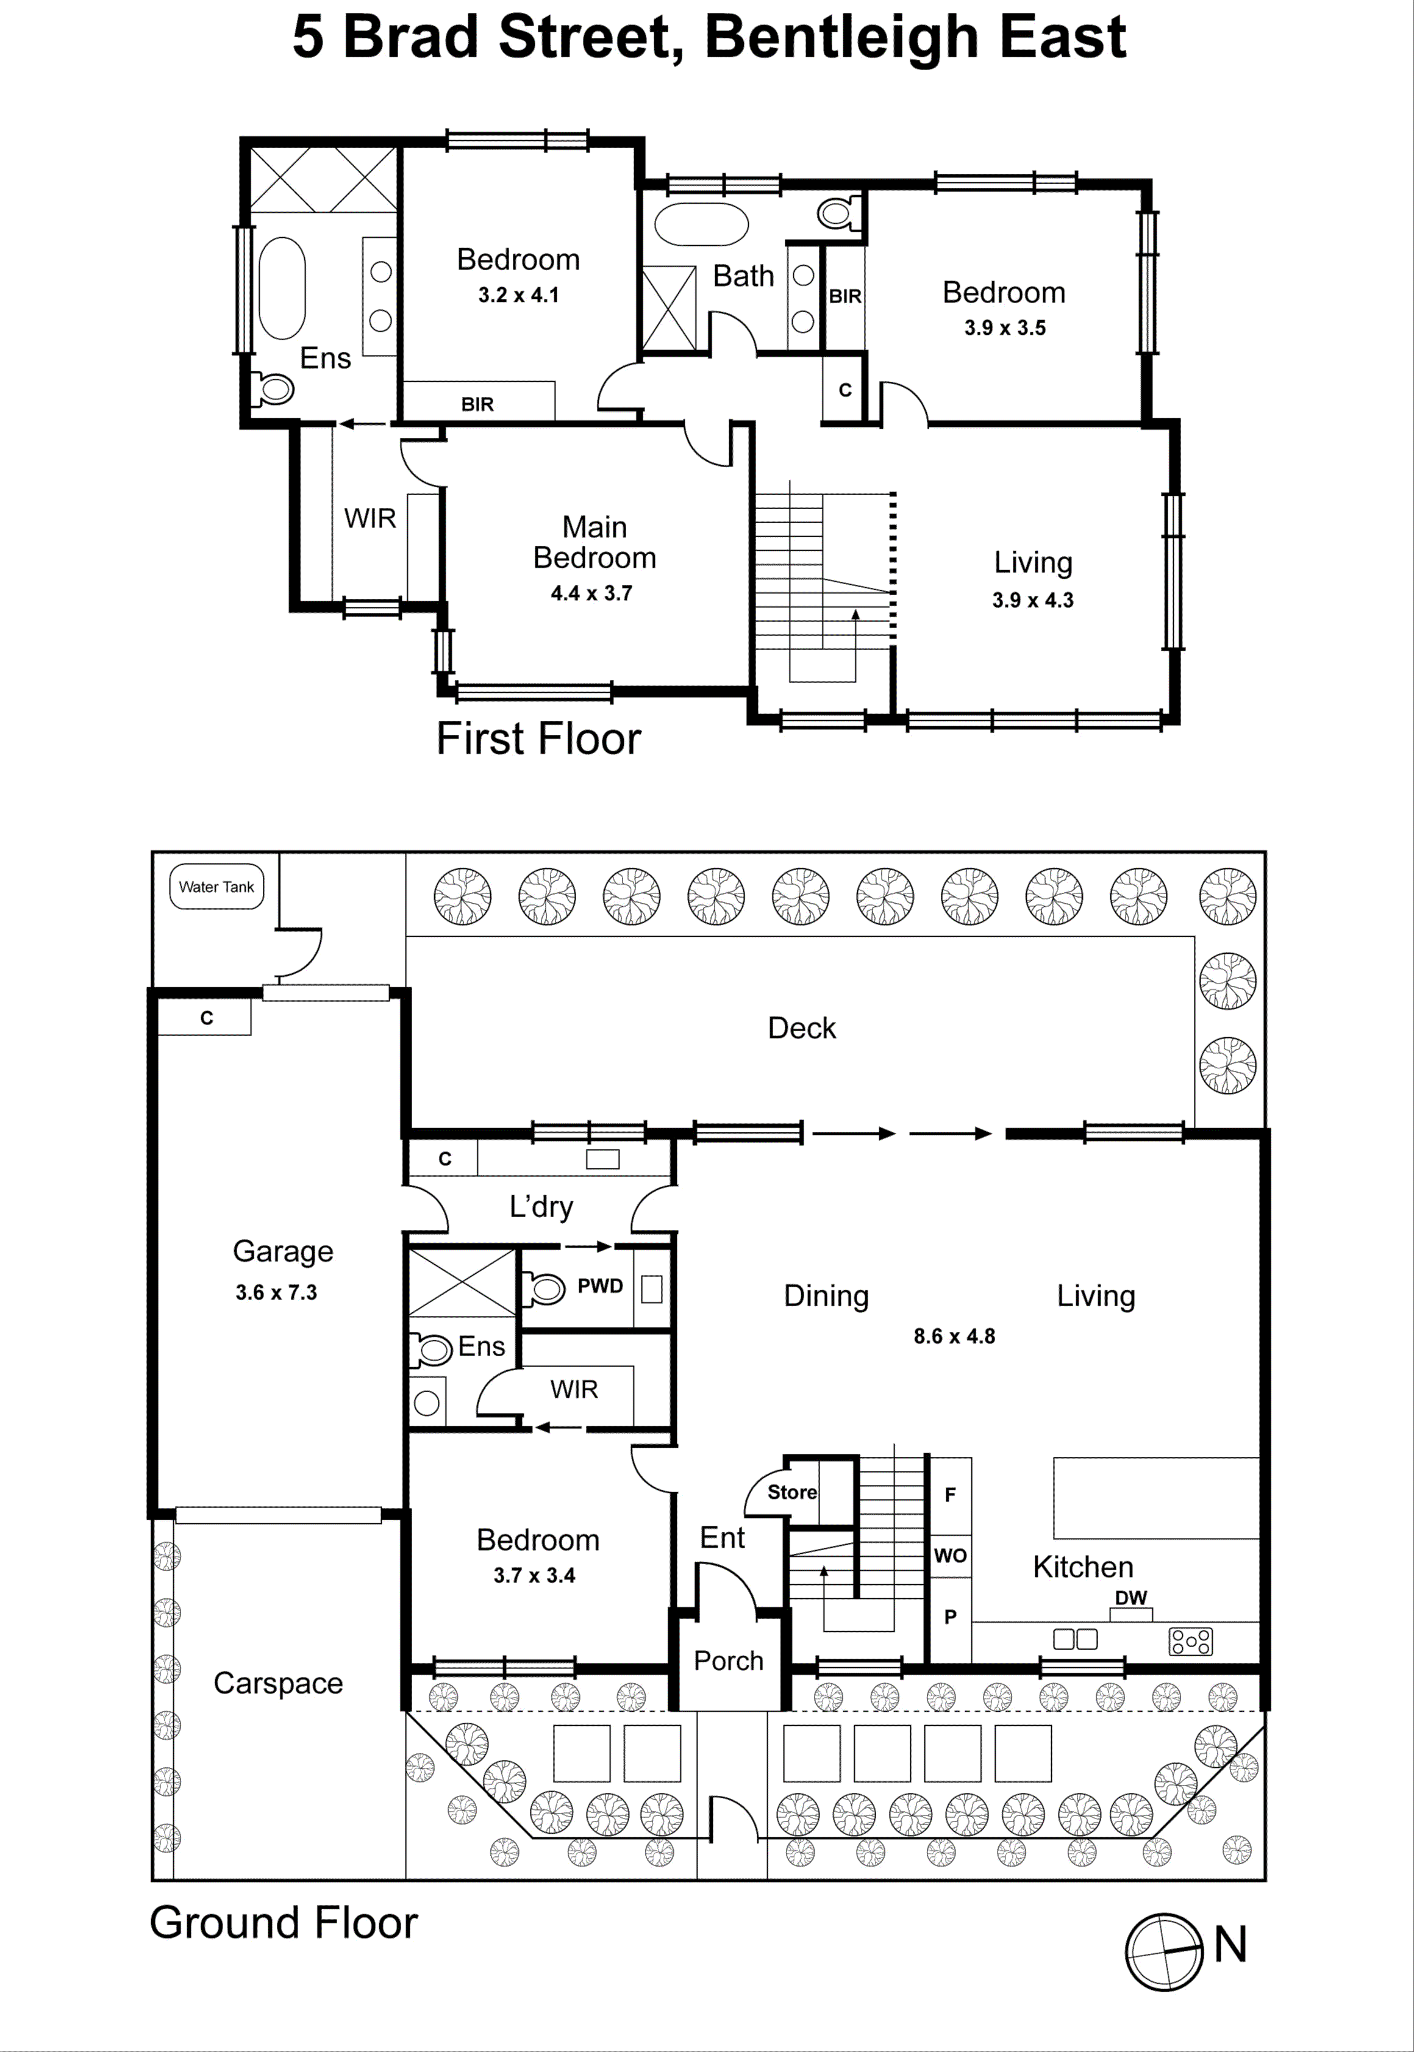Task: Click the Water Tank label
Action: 216,887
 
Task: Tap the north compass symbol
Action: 1164,1952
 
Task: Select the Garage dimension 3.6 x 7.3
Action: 276,1293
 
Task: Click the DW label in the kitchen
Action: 1130,1598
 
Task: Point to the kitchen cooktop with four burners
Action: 1191,1642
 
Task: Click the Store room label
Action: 791,1492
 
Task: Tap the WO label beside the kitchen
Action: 950,1556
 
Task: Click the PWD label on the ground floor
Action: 600,1287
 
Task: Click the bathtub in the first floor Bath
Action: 701,224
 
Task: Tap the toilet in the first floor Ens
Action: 274,388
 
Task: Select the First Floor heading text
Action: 538,739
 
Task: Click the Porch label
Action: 728,1661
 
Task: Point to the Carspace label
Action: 278,1684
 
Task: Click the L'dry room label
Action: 541,1207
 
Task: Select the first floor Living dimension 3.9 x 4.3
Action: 1032,601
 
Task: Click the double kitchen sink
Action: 1074,1639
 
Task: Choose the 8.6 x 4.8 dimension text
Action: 954,1336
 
